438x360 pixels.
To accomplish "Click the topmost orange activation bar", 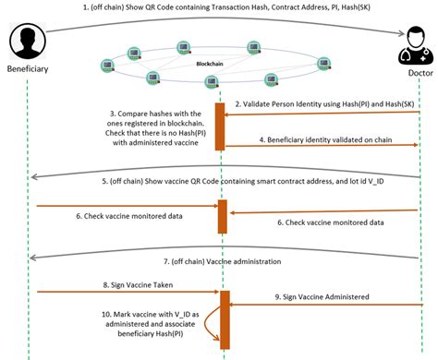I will click(221, 126).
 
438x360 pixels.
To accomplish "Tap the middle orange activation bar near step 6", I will click(222, 215).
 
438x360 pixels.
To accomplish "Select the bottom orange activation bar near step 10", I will click(224, 318).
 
